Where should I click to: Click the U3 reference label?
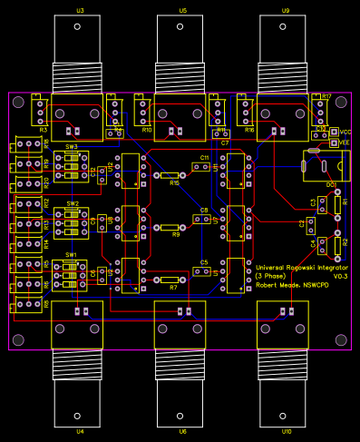point(80,10)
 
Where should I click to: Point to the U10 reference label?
point(287,431)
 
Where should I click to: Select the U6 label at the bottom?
point(183,431)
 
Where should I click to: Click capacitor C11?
point(205,167)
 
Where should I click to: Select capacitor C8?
point(205,220)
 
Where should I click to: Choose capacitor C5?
point(205,271)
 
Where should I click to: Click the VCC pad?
point(335,132)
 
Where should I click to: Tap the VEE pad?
point(335,142)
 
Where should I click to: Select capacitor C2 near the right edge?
point(311,223)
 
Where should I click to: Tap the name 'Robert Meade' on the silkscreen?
point(279,284)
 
